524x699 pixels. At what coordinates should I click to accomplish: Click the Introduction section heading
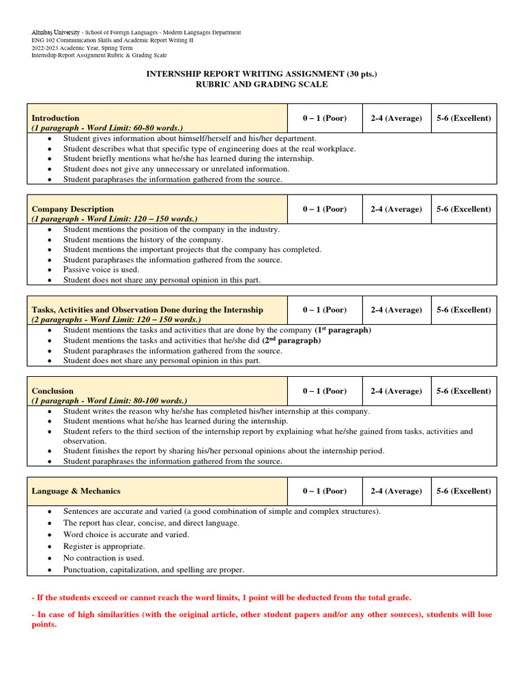[55, 118]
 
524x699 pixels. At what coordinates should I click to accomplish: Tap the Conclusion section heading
[53, 391]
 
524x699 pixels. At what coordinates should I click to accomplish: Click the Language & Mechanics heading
[74, 491]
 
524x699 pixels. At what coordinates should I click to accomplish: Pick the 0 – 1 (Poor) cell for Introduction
[325, 118]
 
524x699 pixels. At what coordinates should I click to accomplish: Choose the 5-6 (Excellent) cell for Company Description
[463, 209]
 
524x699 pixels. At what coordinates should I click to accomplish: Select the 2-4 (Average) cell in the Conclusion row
[396, 391]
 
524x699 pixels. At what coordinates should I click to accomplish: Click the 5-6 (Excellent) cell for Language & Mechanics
[463, 491]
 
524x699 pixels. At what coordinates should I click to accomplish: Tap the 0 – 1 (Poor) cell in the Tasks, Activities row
[325, 310]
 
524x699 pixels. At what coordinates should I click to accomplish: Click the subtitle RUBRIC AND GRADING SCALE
[262, 84]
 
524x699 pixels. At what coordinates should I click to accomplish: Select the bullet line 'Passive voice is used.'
[101, 270]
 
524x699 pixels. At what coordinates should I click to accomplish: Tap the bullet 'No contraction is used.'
[104, 558]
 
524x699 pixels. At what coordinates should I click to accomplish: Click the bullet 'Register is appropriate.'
[104, 546]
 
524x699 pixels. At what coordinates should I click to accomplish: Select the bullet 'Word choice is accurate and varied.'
[126, 534]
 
